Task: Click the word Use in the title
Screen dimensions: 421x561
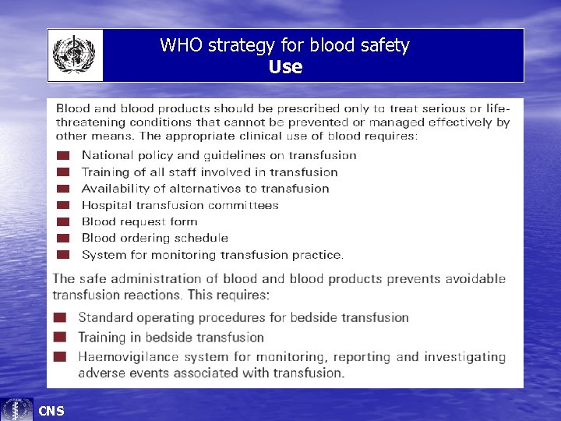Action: coord(285,67)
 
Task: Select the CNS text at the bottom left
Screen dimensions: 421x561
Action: coord(51,411)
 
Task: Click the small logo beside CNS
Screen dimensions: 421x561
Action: coord(17,409)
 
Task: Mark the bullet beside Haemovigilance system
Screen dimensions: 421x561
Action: coord(60,357)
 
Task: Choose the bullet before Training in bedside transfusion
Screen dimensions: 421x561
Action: coord(60,338)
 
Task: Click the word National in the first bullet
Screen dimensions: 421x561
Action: coord(106,156)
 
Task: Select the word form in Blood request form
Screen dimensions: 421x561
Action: coord(184,222)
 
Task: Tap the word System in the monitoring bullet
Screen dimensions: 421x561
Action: coord(102,255)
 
